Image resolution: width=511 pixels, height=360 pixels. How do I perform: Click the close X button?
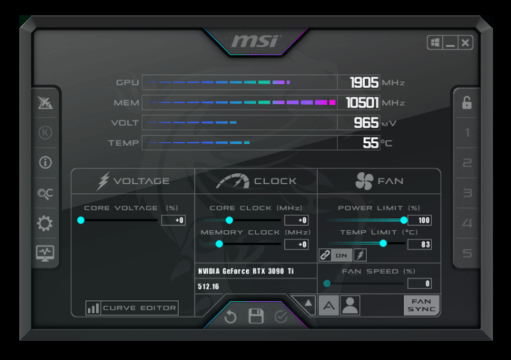click(465, 43)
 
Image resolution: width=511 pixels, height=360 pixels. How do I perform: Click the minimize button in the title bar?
click(450, 43)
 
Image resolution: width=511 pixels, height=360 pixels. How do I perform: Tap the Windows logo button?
click(435, 43)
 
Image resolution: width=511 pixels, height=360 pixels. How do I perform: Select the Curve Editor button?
click(132, 307)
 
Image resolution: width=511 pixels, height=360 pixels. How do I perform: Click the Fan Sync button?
click(421, 305)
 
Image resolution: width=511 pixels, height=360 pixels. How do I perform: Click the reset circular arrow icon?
click(230, 316)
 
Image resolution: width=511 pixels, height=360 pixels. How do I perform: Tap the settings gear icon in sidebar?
click(45, 224)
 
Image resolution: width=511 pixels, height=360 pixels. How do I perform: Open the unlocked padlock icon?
click(467, 102)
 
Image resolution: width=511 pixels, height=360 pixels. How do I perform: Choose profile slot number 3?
click(467, 193)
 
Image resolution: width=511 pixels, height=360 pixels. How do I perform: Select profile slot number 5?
click(467, 254)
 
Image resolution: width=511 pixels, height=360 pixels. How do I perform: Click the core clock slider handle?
click(230, 220)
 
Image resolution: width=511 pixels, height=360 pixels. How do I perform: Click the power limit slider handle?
click(404, 220)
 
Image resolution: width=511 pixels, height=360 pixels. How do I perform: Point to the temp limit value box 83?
click(420, 244)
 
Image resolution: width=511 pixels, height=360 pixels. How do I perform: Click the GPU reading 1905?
click(364, 82)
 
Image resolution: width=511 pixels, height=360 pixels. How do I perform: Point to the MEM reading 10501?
click(362, 103)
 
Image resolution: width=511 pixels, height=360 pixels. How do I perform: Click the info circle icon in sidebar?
click(45, 162)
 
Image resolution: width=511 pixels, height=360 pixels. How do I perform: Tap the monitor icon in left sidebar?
click(45, 254)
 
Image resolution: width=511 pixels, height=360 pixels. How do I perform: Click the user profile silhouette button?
click(350, 305)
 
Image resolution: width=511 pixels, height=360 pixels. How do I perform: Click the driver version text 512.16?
click(208, 286)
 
